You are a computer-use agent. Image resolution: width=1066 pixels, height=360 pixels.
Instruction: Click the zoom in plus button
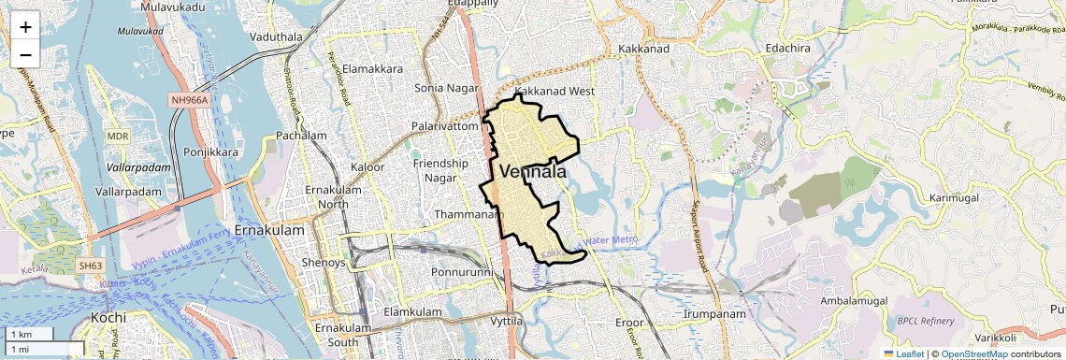pos(25,27)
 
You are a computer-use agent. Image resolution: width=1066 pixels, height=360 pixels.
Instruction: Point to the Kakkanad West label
pos(555,92)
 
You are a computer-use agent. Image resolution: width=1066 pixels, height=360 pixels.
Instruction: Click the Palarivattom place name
pos(446,125)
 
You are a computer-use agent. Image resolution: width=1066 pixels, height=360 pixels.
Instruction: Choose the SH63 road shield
pos(90,266)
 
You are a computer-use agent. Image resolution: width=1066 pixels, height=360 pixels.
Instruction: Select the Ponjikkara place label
pos(211,151)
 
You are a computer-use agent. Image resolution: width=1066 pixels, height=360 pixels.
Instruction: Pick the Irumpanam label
pos(714,314)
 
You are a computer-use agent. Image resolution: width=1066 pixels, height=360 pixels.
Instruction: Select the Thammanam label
pos(464,214)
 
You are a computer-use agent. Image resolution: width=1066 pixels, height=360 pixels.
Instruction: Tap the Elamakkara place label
pos(373,69)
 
